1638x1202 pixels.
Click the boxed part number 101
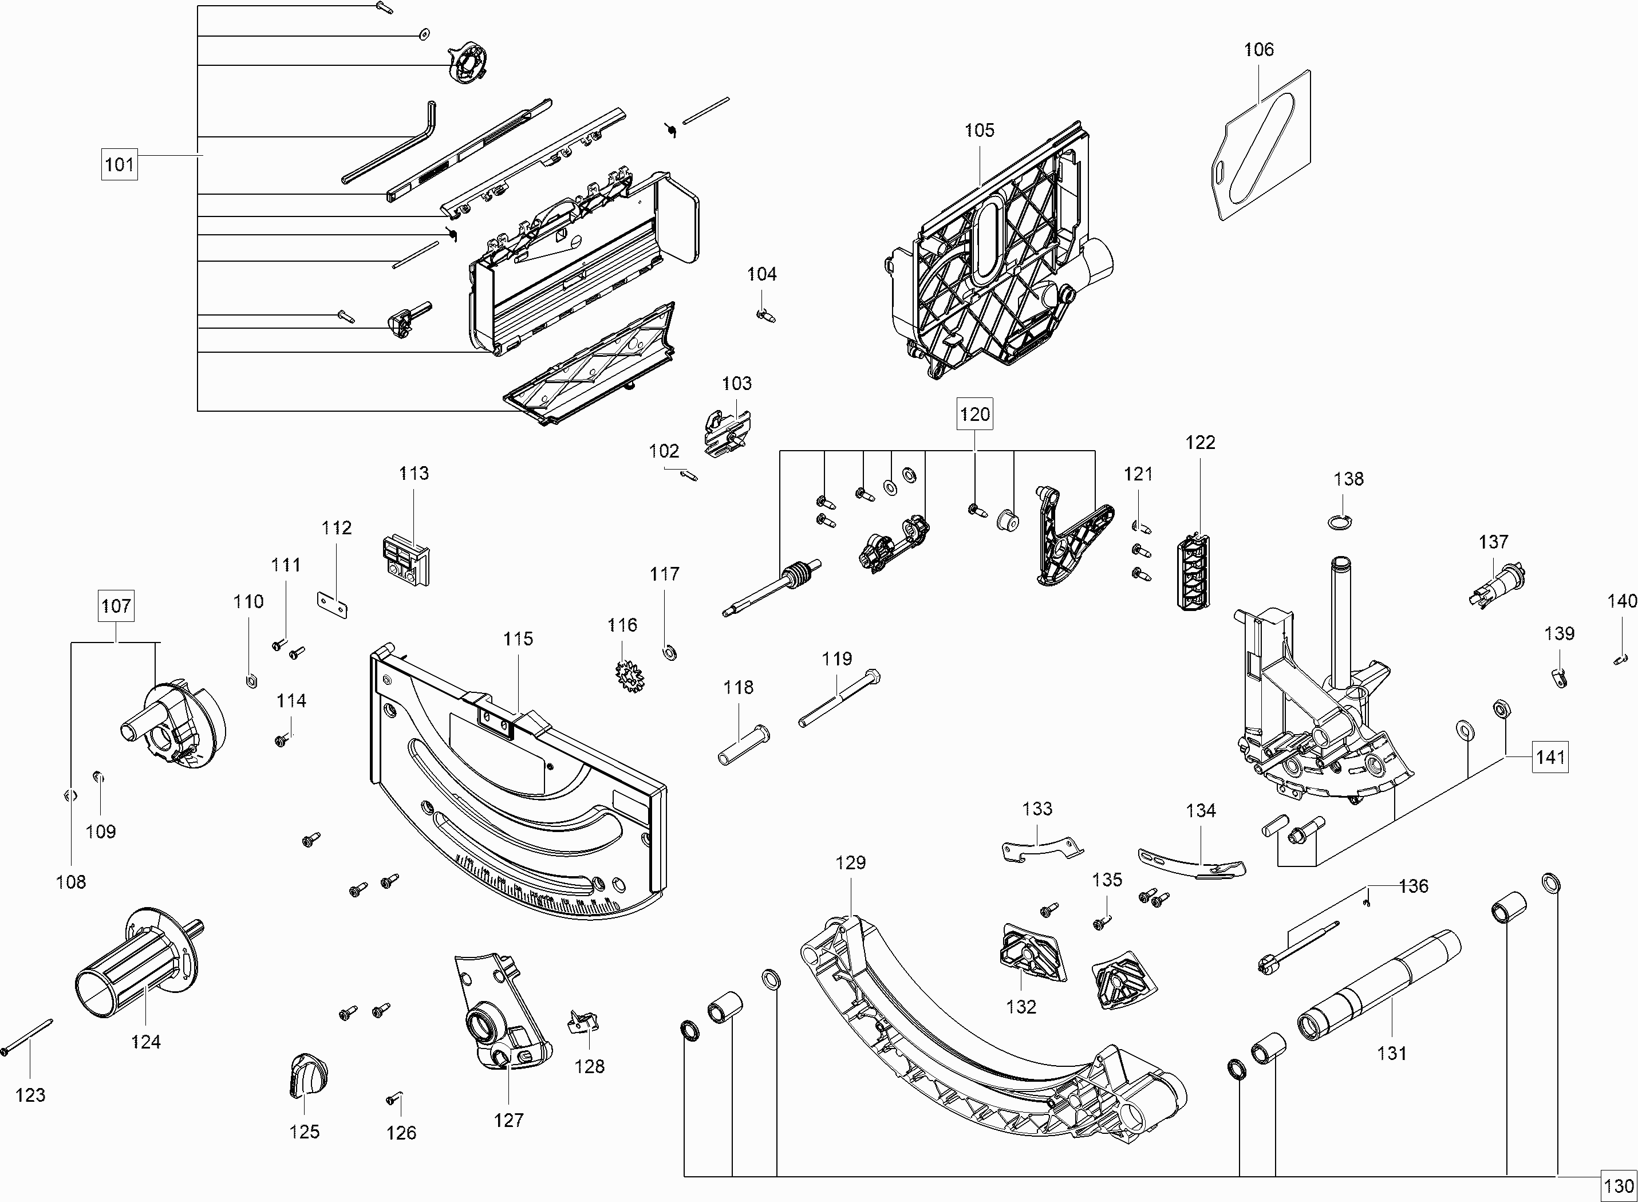[x=119, y=164]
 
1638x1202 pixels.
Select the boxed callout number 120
[x=974, y=414]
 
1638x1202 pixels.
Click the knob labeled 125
[x=306, y=1075]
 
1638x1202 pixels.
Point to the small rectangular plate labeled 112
[x=333, y=604]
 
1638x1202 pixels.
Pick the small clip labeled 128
[x=583, y=1022]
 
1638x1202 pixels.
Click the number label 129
[x=850, y=862]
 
